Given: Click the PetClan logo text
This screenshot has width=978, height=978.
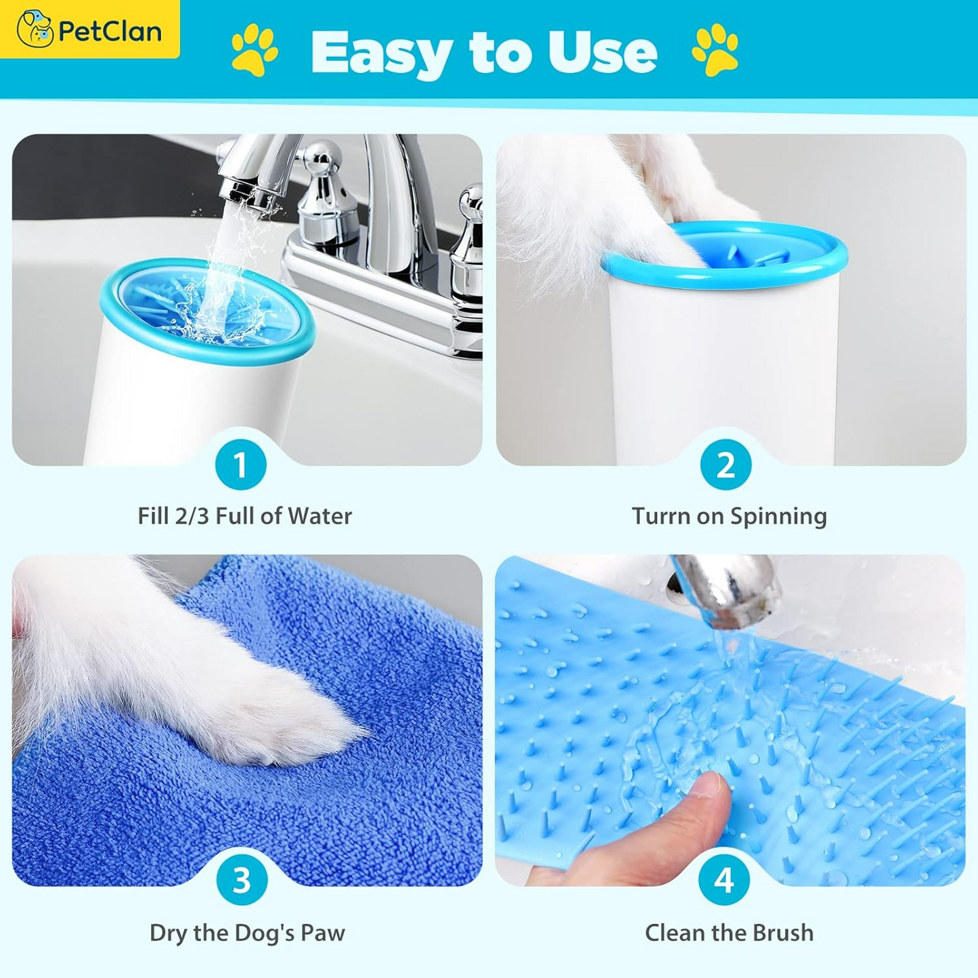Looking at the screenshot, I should click(x=110, y=31).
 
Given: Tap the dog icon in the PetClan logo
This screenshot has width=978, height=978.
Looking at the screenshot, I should click(x=35, y=28).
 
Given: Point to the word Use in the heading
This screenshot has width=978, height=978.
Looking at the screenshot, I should click(x=602, y=53).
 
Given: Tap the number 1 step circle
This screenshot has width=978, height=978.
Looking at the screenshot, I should click(x=240, y=465).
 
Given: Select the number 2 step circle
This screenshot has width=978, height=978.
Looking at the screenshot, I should click(x=726, y=465).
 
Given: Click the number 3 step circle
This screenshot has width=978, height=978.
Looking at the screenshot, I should click(x=242, y=881).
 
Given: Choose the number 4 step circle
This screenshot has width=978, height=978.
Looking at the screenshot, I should click(x=724, y=881).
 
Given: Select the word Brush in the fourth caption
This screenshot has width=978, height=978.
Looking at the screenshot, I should click(x=783, y=933).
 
